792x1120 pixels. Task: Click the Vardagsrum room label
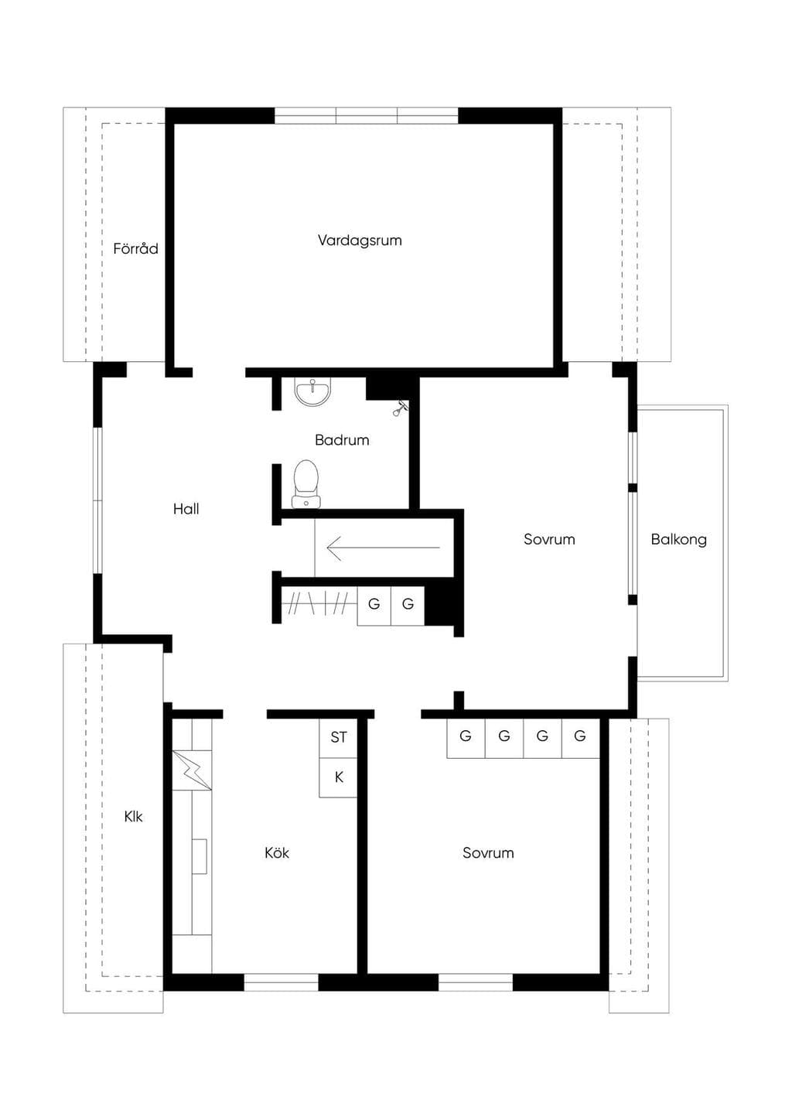tap(360, 241)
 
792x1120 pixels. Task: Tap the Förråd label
tap(135, 248)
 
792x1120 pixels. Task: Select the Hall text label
tap(186, 509)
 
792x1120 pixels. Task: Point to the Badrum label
tap(342, 440)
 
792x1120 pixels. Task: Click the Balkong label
tap(678, 539)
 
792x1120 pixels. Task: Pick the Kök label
tap(276, 852)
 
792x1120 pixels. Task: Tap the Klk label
tap(133, 817)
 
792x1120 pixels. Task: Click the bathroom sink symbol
tap(312, 391)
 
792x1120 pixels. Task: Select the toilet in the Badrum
tap(306, 484)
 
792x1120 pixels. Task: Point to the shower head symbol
tap(400, 408)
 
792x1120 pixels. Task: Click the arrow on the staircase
tap(383, 548)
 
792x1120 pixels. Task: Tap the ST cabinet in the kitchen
tap(338, 737)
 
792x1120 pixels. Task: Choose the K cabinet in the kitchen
tap(338, 777)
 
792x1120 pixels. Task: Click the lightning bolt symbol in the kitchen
tap(192, 770)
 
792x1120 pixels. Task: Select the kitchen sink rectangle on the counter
tap(200, 856)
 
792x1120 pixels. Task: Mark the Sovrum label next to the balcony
tap(549, 539)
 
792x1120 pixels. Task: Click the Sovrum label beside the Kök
tap(488, 852)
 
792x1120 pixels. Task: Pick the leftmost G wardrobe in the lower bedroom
tap(466, 739)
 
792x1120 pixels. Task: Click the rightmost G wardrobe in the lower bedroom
tap(581, 739)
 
